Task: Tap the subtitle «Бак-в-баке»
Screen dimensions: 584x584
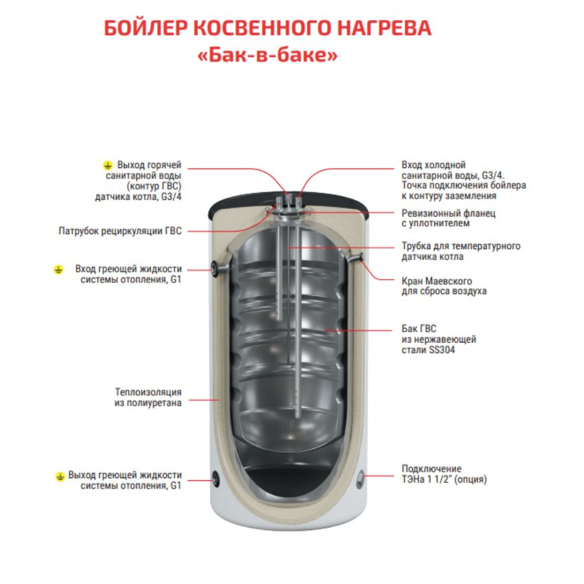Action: click(x=267, y=55)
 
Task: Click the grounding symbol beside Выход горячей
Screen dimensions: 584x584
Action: click(x=108, y=165)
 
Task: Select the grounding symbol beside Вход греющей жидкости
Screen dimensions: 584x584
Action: click(x=58, y=269)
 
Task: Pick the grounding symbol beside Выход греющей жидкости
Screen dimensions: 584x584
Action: click(x=60, y=476)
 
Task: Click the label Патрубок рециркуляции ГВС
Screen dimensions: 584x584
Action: click(x=120, y=231)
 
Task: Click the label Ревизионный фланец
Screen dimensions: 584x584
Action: click(x=448, y=213)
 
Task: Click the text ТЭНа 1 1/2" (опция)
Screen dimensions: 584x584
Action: click(x=444, y=479)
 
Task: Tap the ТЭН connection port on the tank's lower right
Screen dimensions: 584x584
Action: click(x=360, y=480)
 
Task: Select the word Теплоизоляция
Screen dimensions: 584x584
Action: click(x=148, y=392)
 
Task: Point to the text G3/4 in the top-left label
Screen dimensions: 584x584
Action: click(x=171, y=197)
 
